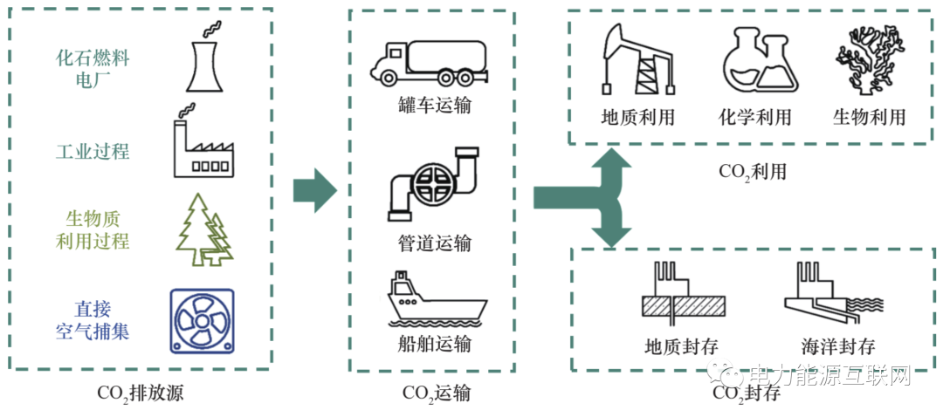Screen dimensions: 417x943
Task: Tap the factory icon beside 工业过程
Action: tap(202, 146)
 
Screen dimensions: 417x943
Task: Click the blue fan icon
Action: tap(202, 320)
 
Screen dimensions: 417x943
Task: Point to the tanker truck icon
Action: tap(427, 62)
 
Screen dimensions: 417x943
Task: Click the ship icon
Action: tap(435, 300)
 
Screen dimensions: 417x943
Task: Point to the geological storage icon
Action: tap(682, 294)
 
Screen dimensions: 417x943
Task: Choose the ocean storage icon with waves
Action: tap(827, 294)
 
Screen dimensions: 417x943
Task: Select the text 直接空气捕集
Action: tap(93, 320)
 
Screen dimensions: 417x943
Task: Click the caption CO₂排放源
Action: tap(141, 393)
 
